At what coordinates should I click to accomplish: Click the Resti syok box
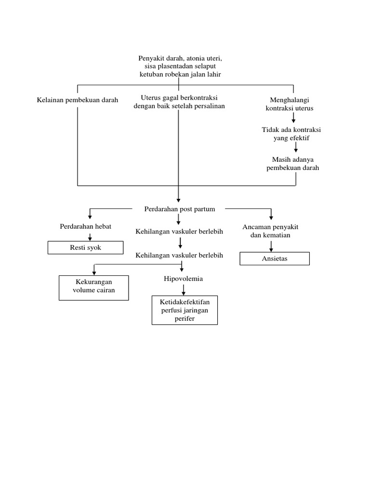[x=85, y=248]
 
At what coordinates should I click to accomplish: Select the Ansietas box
[x=275, y=259]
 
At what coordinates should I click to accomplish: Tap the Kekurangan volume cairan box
[x=93, y=287]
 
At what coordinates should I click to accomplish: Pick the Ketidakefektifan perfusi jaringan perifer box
[x=185, y=310]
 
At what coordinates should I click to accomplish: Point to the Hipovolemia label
[x=183, y=279]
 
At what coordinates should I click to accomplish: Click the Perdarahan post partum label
[x=179, y=209]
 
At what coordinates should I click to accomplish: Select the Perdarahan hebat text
[x=85, y=226]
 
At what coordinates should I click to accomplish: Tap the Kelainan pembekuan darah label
[x=77, y=100]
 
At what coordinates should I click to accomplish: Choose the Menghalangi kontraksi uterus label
[x=289, y=104]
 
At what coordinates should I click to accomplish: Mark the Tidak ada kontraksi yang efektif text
[x=291, y=134]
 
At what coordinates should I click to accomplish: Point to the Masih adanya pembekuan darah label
[x=292, y=164]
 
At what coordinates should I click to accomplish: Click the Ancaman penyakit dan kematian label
[x=270, y=231]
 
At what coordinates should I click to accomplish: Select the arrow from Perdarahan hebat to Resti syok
[x=90, y=236]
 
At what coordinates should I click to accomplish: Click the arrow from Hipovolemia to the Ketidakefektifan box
[x=183, y=290]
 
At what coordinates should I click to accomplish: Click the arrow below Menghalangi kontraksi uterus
[x=293, y=117]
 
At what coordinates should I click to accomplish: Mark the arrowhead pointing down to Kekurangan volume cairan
[x=94, y=272]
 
